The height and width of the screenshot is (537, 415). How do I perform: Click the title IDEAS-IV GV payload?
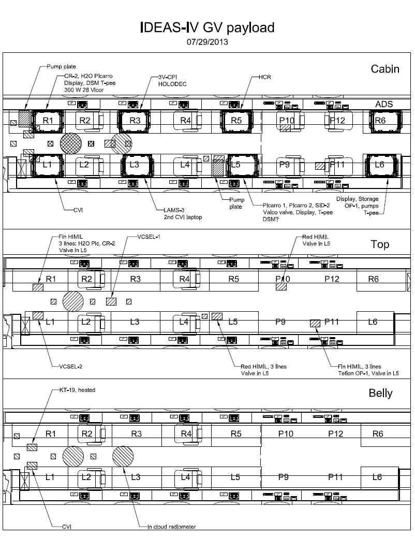coord(207,27)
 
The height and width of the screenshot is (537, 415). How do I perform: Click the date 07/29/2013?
coord(207,41)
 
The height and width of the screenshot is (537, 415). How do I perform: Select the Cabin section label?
coord(385,69)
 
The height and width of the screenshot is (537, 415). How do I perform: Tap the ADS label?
coord(384,104)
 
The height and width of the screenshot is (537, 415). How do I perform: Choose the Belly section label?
coord(380,393)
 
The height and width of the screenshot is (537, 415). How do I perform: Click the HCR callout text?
coord(265,77)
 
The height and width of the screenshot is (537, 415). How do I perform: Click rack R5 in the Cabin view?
coord(236,120)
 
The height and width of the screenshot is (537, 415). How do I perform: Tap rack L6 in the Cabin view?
coord(380,164)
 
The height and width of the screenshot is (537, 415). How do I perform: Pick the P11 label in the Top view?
coord(331,322)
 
